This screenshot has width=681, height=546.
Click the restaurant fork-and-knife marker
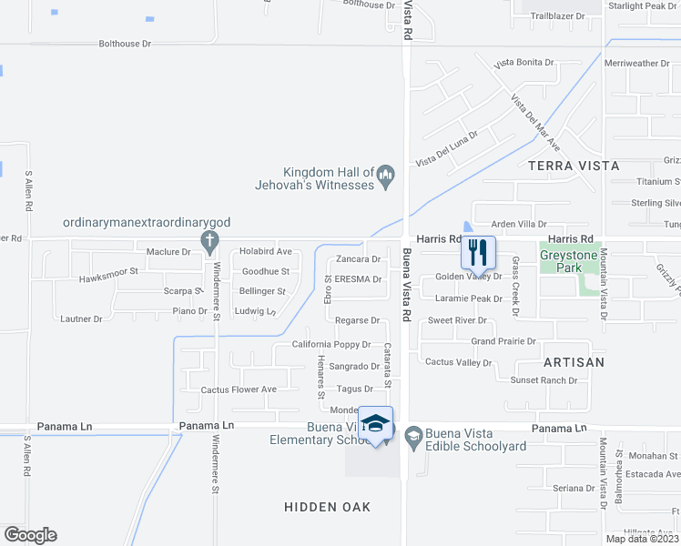click(x=478, y=250)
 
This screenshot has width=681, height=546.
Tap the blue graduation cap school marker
click(x=375, y=423)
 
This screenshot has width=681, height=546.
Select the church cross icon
click(x=209, y=241)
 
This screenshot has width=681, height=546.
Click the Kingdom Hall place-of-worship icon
click(x=385, y=173)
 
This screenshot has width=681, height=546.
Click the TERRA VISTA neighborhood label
click(x=573, y=167)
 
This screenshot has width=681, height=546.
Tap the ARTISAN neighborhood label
click(x=574, y=362)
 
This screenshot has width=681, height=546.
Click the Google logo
click(x=30, y=535)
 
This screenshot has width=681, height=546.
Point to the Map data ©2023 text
click(x=642, y=539)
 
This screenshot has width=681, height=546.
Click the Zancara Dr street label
click(x=358, y=259)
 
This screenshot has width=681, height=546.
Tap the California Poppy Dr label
click(x=331, y=345)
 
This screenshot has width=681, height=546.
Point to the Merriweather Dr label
click(x=636, y=64)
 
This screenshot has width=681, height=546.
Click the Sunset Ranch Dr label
click(x=544, y=380)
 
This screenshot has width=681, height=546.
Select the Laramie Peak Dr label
click(x=469, y=298)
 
